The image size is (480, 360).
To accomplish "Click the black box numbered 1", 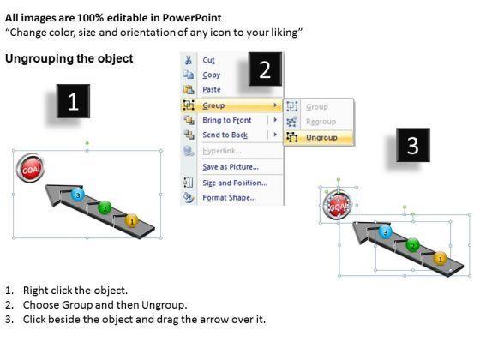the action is tap(73, 101).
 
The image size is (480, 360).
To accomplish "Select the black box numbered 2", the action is tap(265, 69).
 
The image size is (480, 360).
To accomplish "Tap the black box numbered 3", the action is tap(413, 145).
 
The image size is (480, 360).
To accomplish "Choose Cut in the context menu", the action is tap(208, 60).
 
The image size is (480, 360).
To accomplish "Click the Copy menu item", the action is tap(211, 75).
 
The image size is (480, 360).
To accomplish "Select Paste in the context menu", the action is tap(212, 90).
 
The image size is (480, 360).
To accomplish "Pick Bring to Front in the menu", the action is tap(227, 120).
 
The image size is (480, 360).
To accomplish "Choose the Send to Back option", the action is tap(225, 135).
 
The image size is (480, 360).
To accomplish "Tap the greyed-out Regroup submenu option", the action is tap(321, 122).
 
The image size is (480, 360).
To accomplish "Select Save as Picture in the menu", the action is tap(231, 167).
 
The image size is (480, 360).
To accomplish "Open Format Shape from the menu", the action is tap(230, 198).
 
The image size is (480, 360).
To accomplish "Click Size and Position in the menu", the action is tap(235, 183).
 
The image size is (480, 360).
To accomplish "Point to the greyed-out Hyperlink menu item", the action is tap(222, 151).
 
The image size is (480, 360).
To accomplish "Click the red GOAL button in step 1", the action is tap(30, 168).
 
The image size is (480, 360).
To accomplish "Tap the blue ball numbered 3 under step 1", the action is tap(78, 195).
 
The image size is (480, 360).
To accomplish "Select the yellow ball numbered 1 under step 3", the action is tap(441, 259).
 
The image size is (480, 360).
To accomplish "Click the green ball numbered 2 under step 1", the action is tap(105, 208).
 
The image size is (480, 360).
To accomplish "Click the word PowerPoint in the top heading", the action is tap(192, 18).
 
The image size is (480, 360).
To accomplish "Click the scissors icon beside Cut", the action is tap(188, 60).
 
